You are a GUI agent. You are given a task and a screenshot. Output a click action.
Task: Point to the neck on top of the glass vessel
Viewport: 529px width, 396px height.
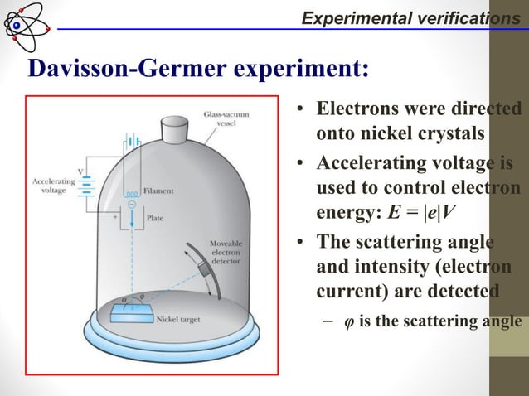click(x=178, y=128)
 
